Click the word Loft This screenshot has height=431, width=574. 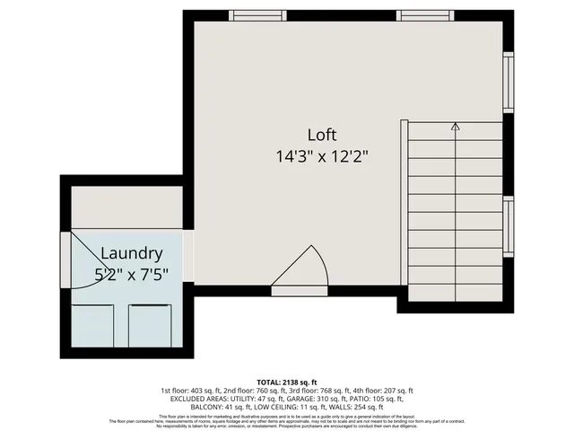point(322,135)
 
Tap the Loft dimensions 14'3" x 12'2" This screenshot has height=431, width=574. point(322,154)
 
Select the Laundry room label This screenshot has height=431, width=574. point(131,253)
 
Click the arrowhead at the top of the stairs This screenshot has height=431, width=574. point(455,128)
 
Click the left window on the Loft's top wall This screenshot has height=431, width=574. point(257,14)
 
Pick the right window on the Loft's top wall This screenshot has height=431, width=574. point(425,14)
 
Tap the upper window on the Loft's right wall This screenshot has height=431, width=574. point(509,82)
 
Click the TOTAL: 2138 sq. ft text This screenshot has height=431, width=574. point(286,381)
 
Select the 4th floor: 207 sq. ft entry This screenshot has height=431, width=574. point(382,391)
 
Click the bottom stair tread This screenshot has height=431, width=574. point(455,293)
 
